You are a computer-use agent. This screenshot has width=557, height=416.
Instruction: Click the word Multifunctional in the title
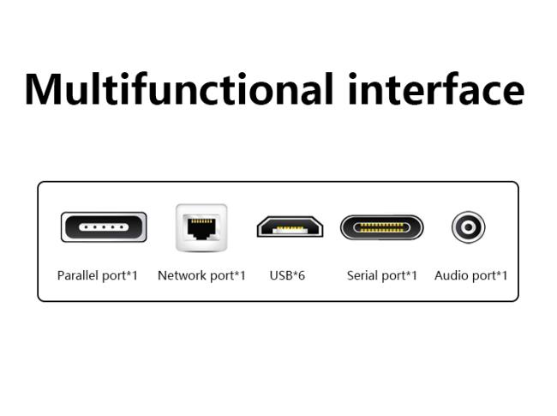pos(179,89)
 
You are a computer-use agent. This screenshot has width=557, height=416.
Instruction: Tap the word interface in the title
pos(436,89)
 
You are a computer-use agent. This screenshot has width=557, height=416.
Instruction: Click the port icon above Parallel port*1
pos(104,226)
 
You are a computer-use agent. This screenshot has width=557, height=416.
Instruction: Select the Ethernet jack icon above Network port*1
pos(201,227)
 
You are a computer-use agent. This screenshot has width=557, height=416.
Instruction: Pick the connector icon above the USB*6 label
pos(290,226)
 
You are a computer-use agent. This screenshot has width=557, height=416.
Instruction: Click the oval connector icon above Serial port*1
pos(382,227)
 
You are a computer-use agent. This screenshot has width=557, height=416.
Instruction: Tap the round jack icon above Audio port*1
pos(468,226)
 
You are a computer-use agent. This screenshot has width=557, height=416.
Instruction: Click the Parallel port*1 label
pos(98,275)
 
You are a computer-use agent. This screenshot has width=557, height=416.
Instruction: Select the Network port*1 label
pos(201,275)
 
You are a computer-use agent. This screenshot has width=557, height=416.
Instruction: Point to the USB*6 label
pos(287,275)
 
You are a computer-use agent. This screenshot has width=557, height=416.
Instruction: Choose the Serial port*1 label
pos(382,275)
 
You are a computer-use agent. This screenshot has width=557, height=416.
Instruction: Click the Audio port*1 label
pos(470,275)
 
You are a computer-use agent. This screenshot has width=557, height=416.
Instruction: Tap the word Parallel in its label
pos(78,275)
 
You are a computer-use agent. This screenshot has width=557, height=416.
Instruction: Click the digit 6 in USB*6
pos(301,275)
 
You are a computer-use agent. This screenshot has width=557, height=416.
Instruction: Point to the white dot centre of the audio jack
pos(468,226)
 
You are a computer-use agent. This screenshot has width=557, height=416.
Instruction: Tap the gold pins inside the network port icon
pos(201,221)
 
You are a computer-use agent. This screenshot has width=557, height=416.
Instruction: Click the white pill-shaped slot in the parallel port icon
pos(104,226)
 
